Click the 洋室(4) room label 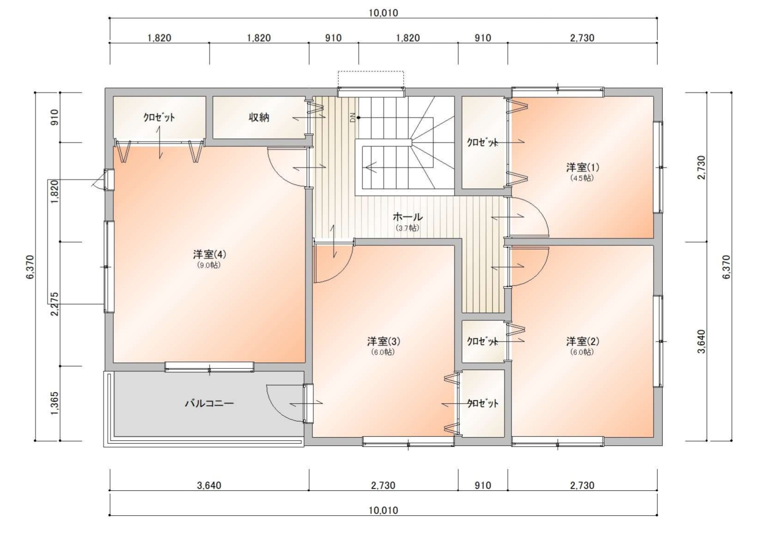[x=209, y=254]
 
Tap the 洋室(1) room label [x=582, y=167]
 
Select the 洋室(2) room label [x=582, y=341]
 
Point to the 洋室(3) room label [x=383, y=341]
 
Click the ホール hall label [x=408, y=217]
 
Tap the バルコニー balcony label [x=209, y=403]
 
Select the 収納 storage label [x=259, y=117]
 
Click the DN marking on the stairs [x=352, y=117]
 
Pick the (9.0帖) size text [x=209, y=265]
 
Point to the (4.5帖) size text [x=582, y=178]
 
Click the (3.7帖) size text [x=408, y=228]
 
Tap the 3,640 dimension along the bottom [x=209, y=486]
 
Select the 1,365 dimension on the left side [x=55, y=403]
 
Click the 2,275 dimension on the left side [x=55, y=304]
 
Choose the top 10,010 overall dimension [x=383, y=13]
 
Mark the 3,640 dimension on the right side [x=702, y=341]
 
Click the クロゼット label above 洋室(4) [x=159, y=117]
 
